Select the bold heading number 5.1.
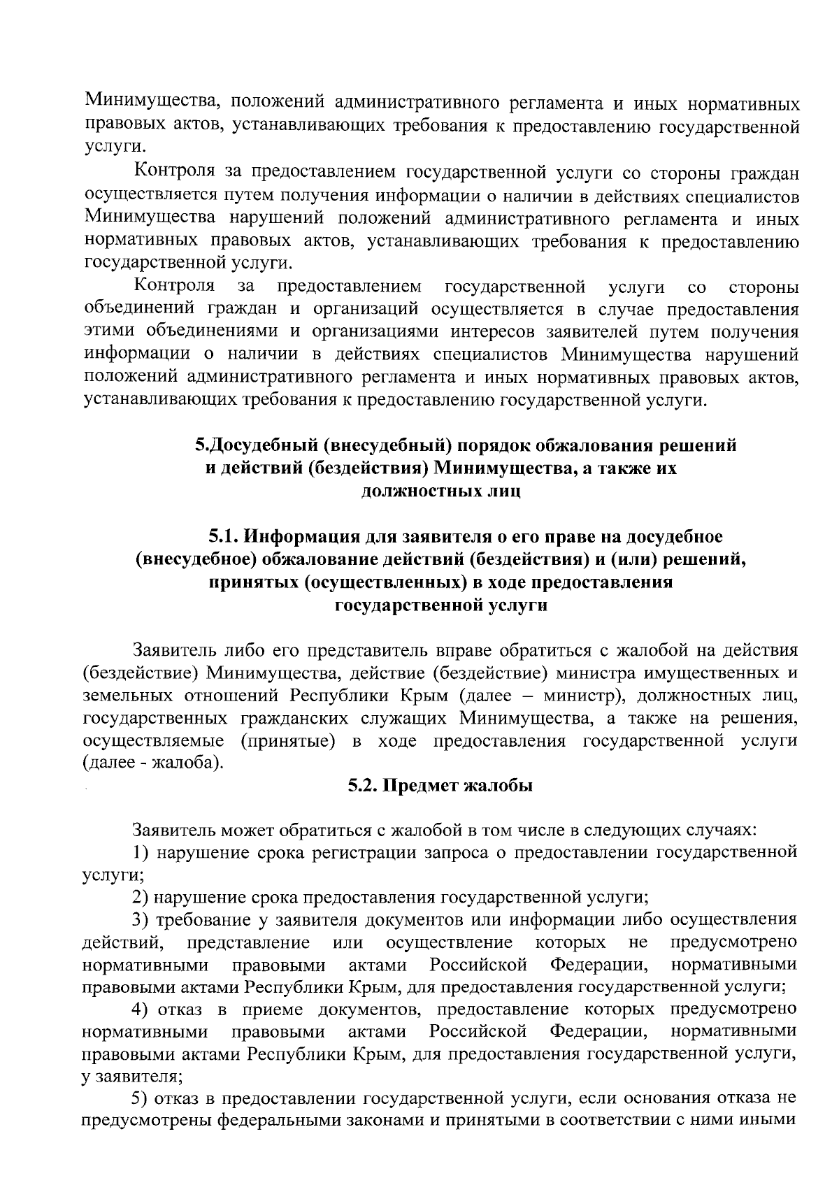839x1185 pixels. click(x=224, y=537)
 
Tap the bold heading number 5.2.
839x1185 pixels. click(x=364, y=786)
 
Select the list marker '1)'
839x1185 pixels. click(x=141, y=852)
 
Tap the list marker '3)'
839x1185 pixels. click(x=141, y=919)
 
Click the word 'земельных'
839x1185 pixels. click(x=127, y=696)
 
